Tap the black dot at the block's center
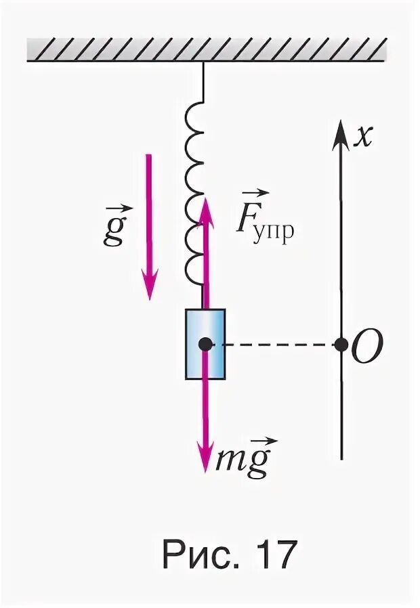[x=205, y=345]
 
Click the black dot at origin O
[x=341, y=345]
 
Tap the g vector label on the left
[x=112, y=230]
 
